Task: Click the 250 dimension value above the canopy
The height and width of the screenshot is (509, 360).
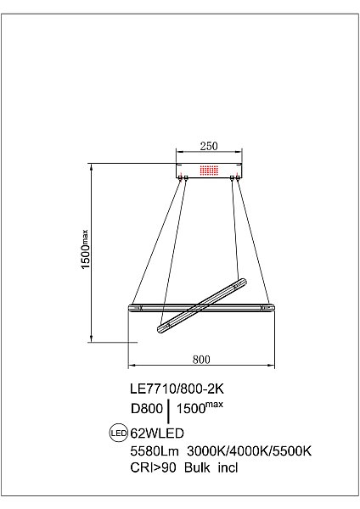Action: (209, 146)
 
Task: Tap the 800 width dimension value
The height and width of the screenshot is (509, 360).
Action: (201, 360)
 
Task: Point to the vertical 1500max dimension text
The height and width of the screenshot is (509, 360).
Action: (85, 249)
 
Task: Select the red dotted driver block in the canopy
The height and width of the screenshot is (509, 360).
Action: (209, 171)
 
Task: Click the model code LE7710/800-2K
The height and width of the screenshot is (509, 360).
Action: (177, 389)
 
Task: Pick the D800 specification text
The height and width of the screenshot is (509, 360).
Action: (147, 408)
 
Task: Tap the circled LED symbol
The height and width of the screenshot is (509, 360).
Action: (119, 433)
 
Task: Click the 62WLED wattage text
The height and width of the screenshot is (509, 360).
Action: (157, 433)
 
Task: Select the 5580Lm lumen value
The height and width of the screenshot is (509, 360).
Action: (155, 451)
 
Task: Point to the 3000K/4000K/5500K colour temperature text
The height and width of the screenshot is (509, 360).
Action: (250, 451)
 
